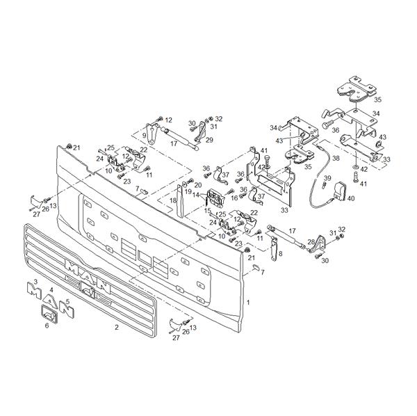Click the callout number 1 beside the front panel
248,303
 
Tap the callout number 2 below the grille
117,328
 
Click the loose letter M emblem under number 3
34,291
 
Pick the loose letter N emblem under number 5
67,309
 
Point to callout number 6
47,326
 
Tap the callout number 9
144,135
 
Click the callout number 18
173,200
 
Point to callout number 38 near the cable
336,159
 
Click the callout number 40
351,198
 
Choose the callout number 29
210,140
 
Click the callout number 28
311,242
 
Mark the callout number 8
280,254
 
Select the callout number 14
196,195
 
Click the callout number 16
234,198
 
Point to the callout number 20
198,185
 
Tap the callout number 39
327,178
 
